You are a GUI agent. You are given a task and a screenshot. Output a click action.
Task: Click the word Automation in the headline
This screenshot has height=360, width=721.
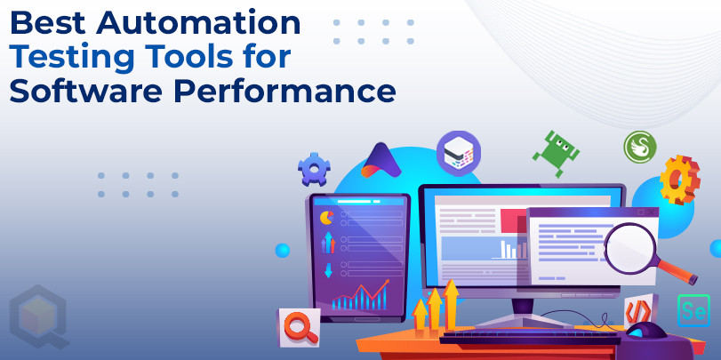(x=197, y=22)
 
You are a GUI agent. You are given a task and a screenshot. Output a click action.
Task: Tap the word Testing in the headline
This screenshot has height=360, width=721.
(x=71, y=57)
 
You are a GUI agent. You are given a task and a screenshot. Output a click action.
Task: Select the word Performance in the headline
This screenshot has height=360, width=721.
(x=284, y=91)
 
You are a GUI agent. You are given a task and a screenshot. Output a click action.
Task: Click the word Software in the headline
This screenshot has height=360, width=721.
(x=85, y=91)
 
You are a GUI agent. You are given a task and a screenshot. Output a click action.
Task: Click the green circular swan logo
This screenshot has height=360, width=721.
(x=639, y=147)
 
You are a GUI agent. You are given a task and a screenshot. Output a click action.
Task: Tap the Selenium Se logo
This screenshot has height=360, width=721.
(x=693, y=310)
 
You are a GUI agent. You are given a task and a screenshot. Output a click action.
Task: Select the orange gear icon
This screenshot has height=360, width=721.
(x=679, y=180)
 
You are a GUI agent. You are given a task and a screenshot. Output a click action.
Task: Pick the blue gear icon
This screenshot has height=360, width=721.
(x=314, y=169)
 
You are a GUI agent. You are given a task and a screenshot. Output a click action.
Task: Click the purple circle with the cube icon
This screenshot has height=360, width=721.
(x=459, y=154)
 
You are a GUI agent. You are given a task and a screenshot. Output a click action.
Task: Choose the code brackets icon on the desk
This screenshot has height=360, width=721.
(x=638, y=311)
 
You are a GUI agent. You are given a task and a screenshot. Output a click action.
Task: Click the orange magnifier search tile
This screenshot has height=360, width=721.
(x=300, y=327)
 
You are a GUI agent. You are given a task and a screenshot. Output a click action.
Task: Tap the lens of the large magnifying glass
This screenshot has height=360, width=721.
(x=629, y=248)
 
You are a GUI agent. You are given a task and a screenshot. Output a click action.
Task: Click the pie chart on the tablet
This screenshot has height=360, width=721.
(x=326, y=218)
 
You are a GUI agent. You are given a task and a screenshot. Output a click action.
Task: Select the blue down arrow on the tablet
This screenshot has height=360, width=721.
(x=328, y=270)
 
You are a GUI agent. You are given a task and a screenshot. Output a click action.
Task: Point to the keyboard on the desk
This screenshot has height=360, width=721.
(x=530, y=337)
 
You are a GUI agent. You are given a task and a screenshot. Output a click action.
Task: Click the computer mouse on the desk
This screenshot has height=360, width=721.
(x=645, y=330)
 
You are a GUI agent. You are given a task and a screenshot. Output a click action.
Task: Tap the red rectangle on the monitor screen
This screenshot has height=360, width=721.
(x=515, y=220)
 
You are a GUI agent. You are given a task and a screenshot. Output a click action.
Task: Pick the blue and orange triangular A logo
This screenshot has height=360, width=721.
(x=381, y=161)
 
